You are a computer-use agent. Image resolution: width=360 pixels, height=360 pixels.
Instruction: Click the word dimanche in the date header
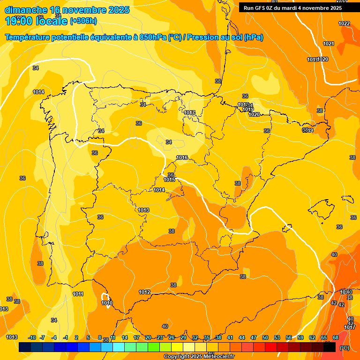click(26, 10)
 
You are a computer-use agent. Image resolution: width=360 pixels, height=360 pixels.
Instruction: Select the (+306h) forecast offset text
click(83, 21)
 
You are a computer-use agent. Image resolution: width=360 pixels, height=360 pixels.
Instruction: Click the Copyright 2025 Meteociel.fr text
click(199, 356)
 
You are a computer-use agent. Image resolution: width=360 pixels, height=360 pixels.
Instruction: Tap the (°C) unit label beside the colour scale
click(344, 347)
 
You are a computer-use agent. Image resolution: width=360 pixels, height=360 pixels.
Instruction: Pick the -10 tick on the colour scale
click(32, 337)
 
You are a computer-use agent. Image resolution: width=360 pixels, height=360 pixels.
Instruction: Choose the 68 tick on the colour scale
click(336, 337)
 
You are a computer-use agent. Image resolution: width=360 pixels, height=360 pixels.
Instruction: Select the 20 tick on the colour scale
click(148, 337)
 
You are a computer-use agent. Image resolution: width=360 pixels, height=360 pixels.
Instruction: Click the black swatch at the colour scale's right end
click(330, 347)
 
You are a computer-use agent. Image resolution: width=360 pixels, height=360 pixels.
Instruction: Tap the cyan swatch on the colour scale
click(119, 347)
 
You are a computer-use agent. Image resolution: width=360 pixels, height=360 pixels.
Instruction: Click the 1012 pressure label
click(144, 292)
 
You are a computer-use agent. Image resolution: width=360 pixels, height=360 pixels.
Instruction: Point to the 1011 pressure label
click(78, 294)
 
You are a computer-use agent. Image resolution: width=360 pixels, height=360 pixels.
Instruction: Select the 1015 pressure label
click(169, 180)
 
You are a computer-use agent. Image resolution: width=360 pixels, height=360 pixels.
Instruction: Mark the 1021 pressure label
click(329, 44)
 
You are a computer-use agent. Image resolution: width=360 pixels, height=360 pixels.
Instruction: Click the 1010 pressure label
click(107, 303)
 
